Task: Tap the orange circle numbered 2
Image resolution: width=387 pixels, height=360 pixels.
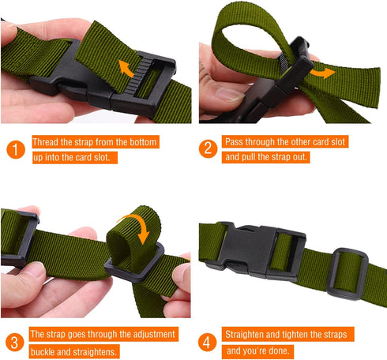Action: [x=208, y=148]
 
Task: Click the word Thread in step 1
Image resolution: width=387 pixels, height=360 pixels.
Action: [x=47, y=142]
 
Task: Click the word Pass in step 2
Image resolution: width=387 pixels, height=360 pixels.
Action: [x=235, y=142]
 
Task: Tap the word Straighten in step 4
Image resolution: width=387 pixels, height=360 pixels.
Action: [x=249, y=334]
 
